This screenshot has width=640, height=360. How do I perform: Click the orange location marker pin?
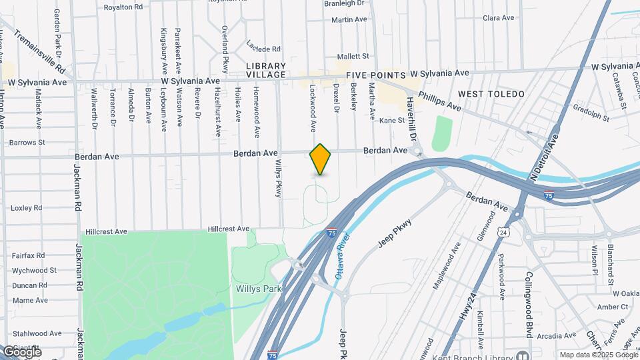321,159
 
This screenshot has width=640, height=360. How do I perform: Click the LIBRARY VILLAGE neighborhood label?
265,71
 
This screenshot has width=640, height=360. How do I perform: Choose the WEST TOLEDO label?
491,94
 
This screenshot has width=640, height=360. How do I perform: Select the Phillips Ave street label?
439,101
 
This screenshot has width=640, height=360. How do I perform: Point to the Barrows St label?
27,142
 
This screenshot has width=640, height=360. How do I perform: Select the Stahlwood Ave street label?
37,333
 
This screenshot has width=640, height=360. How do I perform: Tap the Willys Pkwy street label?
279,178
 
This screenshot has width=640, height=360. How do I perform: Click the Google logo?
21,351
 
